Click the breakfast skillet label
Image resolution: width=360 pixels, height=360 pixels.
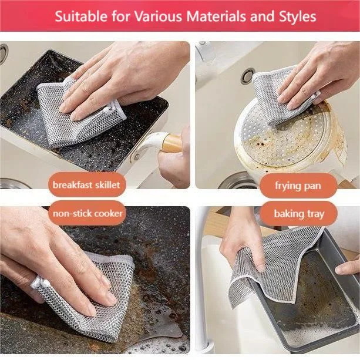pos(86,185)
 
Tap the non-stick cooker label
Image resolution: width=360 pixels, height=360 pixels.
pos(88,213)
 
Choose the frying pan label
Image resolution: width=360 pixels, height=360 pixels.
pos(298,186)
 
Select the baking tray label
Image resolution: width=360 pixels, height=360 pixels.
pos(298,214)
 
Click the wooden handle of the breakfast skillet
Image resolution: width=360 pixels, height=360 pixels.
pos(171,143)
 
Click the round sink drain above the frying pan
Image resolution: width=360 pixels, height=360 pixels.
pos(248,76)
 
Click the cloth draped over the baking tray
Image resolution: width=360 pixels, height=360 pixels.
pos(276,264)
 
